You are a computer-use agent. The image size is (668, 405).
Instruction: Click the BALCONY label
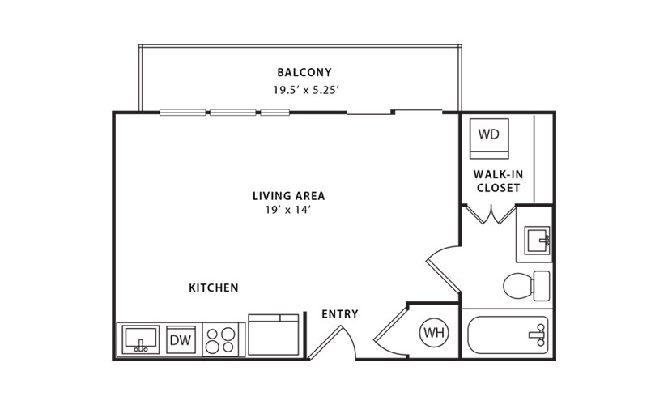pyautogui.click(x=304, y=72)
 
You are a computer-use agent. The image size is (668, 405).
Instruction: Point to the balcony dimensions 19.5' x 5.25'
pyautogui.click(x=306, y=90)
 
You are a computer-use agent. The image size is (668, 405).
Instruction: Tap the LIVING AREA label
pyautogui.click(x=289, y=196)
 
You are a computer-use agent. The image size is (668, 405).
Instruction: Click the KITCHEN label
pyautogui.click(x=214, y=288)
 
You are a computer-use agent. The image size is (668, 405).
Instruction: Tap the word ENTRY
pyautogui.click(x=339, y=314)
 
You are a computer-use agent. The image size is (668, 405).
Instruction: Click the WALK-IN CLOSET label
pyautogui.click(x=498, y=181)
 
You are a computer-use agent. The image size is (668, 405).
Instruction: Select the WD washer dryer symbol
pyautogui.click(x=489, y=139)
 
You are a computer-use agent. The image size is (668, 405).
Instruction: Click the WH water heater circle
pyautogui.click(x=434, y=332)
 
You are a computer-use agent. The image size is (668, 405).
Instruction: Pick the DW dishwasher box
pyautogui.click(x=181, y=339)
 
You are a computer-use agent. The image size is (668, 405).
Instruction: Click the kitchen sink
pyautogui.click(x=141, y=339)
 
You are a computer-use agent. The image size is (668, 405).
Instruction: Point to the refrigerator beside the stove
pyautogui.click(x=274, y=335)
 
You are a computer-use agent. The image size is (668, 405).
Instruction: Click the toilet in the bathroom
pyautogui.click(x=526, y=286)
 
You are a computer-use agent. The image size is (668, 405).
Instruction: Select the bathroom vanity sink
pyautogui.click(x=537, y=241)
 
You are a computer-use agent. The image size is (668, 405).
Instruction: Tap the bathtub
pyautogui.click(x=508, y=335)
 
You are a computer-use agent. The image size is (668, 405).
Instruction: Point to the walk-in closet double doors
pyautogui.click(x=490, y=215)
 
